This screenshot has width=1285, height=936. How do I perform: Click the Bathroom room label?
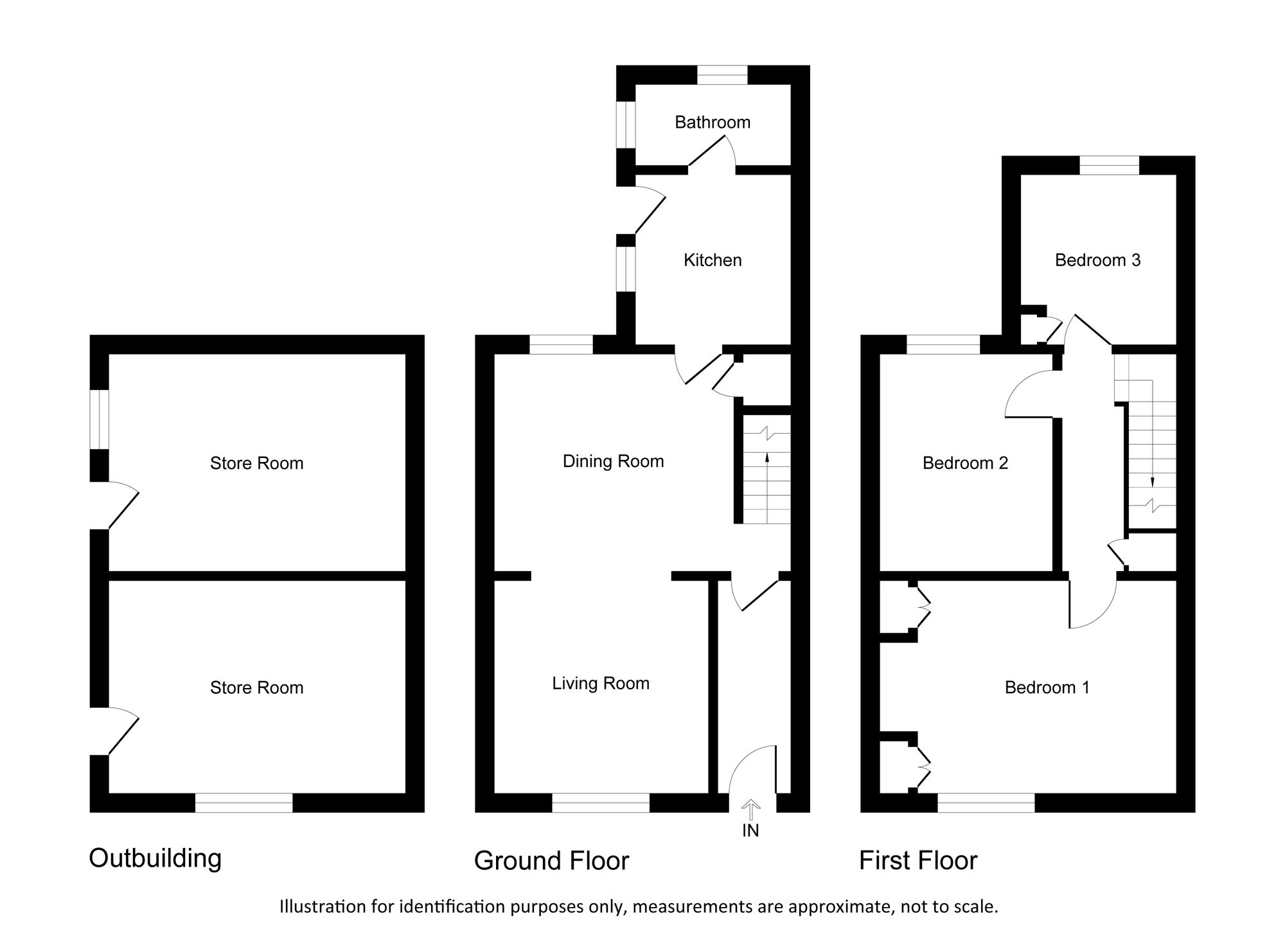713,122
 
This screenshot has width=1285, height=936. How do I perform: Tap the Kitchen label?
713,260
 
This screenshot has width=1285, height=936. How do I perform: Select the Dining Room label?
613,461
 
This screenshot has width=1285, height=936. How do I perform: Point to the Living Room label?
601,684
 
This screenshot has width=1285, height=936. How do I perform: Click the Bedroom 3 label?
1098,260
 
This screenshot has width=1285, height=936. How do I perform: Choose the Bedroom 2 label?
965,463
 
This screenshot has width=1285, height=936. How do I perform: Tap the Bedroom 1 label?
1047,687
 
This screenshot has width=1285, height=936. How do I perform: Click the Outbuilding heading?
155,858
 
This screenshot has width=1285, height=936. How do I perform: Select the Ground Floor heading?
551,861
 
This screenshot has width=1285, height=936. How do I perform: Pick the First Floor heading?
918,861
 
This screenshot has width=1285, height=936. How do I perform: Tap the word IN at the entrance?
750,831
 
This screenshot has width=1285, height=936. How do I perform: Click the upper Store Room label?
256,463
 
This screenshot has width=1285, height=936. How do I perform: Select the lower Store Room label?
256,687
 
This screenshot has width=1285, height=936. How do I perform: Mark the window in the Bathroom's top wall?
723,75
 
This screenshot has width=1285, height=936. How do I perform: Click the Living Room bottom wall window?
601,803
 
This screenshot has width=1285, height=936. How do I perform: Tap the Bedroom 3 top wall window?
1110,165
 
